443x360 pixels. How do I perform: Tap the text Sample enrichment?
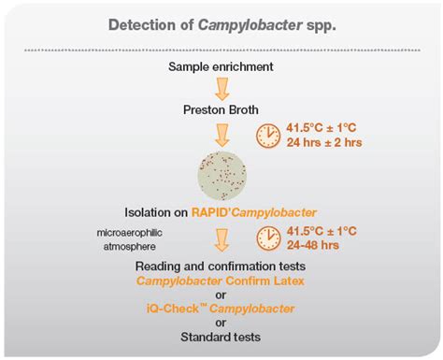point(221,66)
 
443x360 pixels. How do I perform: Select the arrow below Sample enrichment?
point(221,88)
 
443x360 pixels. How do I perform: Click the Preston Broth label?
point(221,108)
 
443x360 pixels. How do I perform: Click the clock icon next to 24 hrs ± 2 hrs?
point(268,135)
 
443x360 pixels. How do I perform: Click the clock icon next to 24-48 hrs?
point(269,238)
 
